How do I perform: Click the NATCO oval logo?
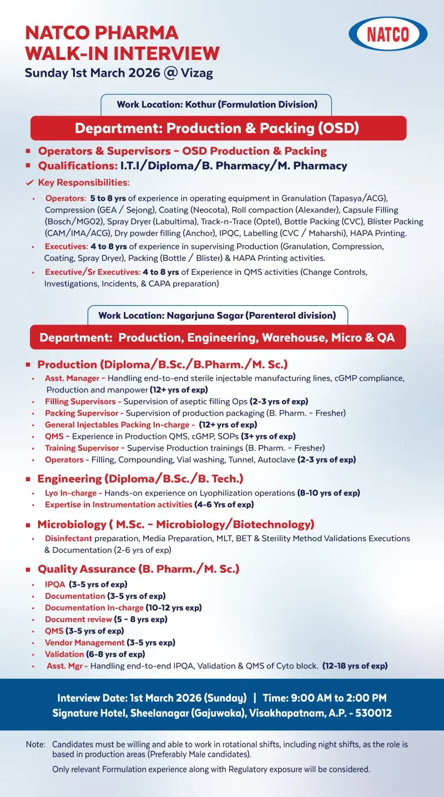click(x=388, y=34)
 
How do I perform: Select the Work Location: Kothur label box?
click(x=216, y=104)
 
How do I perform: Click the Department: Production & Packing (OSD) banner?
click(x=218, y=128)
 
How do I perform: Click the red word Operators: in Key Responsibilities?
click(x=66, y=198)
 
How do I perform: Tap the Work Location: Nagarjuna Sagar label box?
click(x=217, y=315)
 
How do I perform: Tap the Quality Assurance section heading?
click(x=138, y=569)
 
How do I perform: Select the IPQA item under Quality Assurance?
click(x=56, y=584)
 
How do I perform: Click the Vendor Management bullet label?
click(x=84, y=642)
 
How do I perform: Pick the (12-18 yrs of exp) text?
click(x=355, y=665)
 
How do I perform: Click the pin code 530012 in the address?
click(x=374, y=713)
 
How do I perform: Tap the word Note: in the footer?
click(x=36, y=744)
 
